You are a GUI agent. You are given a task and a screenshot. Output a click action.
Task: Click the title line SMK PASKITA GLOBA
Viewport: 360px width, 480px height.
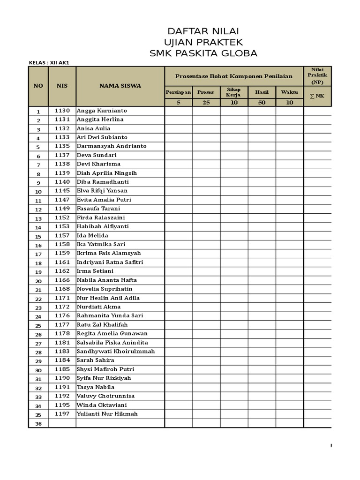203,53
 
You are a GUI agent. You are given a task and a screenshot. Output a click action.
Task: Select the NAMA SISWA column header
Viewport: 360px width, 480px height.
120,86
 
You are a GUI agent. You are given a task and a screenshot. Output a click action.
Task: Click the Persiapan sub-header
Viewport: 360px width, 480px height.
178,92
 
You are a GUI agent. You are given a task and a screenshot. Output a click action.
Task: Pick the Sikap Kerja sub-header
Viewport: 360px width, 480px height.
233,92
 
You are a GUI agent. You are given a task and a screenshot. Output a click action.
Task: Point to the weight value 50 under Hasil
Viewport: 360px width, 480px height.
262,103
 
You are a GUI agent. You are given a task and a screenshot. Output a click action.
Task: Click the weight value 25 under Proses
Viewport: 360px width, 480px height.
206,103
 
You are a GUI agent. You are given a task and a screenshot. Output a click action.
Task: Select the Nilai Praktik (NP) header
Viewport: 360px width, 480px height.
317,75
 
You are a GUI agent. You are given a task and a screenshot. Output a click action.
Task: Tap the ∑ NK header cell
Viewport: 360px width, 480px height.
317,96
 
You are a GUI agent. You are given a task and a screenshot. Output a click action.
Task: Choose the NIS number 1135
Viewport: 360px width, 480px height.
62,146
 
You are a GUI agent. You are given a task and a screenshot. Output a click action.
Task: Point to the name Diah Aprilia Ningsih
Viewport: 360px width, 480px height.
107,173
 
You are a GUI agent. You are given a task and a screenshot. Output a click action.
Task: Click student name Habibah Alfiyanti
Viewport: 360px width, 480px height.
103,226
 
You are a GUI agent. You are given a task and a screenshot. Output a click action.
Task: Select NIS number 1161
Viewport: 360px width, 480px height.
62,262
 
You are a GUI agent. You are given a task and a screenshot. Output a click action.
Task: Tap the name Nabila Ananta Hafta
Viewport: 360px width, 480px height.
107,280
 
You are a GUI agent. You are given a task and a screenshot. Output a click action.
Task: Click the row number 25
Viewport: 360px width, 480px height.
38,325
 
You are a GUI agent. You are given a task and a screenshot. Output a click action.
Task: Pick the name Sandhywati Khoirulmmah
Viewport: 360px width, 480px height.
115,352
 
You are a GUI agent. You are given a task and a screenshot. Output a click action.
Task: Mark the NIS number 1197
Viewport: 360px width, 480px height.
62,414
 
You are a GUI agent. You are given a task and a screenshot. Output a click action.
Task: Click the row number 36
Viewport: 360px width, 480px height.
38,424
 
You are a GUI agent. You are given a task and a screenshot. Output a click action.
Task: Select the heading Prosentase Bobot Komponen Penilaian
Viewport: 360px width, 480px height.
233,76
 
